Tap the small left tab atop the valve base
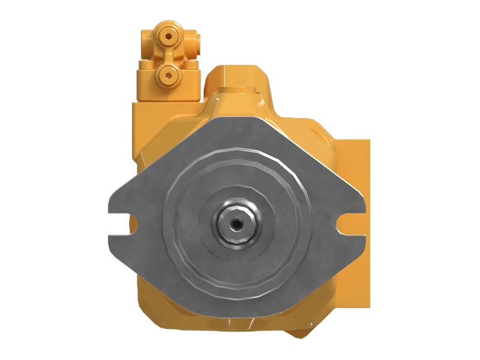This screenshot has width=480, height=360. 143,64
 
